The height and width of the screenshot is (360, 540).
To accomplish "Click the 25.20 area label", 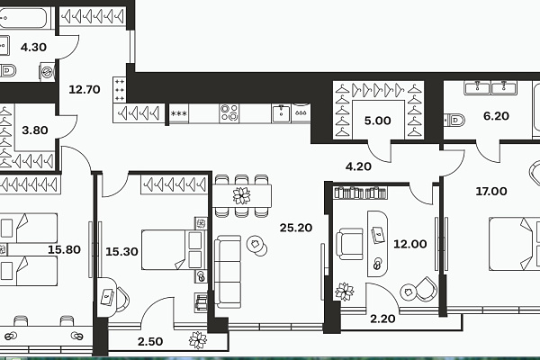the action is [x=296, y=228].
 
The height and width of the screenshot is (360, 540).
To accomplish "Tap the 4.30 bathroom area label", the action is [x=33, y=47].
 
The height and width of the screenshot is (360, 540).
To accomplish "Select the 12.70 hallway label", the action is [x=85, y=90].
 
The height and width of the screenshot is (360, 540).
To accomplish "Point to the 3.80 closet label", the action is [x=35, y=130].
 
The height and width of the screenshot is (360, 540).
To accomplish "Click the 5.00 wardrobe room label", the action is [x=378, y=121].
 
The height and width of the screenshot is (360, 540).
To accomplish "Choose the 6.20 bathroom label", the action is [x=496, y=116].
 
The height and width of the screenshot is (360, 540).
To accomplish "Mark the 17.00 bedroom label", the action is [x=491, y=191].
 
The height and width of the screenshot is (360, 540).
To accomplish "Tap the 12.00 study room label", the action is [x=410, y=244].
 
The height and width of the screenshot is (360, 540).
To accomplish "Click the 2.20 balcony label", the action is [x=382, y=319].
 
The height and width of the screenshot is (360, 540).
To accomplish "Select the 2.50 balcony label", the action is [x=150, y=341].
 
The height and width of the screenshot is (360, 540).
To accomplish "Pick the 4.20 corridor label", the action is [x=358, y=166].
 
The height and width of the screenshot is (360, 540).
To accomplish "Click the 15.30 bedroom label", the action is [x=121, y=252].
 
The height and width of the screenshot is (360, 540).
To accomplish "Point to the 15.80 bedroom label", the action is [x=65, y=249].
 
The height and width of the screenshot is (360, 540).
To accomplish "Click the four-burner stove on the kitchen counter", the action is [x=229, y=113].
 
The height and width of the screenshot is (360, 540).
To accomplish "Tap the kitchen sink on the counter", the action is [x=282, y=113].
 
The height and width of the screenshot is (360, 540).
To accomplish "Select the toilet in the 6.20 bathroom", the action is [x=454, y=121].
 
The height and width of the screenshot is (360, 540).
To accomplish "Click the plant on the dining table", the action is [x=241, y=195].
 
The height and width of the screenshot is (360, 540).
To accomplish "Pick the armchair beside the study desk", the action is [x=349, y=244].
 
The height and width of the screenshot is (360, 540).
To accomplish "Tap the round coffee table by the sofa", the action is [x=256, y=246].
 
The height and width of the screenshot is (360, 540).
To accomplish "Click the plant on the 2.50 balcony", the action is [x=198, y=340].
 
